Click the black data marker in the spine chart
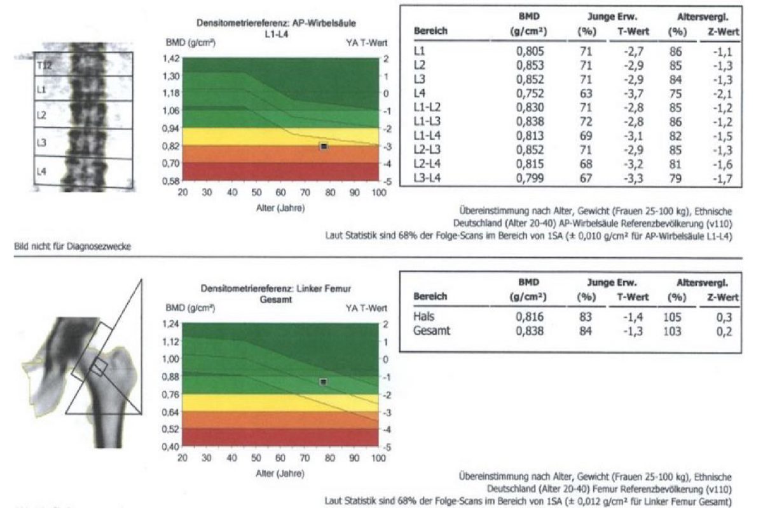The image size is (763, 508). click(x=324, y=146)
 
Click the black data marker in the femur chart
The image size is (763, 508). click(x=323, y=382)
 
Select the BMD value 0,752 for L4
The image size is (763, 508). click(x=530, y=93)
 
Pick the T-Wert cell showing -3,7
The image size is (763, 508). click(x=633, y=93)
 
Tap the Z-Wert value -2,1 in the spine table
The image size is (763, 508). click(x=723, y=94)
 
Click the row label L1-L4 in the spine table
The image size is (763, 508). click(x=427, y=136)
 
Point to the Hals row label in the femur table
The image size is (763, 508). click(x=423, y=316)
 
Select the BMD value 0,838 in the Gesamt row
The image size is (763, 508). click(x=530, y=331)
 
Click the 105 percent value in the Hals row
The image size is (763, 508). click(x=672, y=317)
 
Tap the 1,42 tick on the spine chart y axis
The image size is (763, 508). click(x=170, y=58)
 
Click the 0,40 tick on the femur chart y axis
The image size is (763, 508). click(x=170, y=446)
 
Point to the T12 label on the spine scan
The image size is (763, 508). click(x=45, y=65)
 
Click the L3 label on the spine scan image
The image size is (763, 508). click(x=41, y=143)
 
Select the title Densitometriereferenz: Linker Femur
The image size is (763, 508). click(x=275, y=288)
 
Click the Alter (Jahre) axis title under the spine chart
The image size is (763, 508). click(x=280, y=208)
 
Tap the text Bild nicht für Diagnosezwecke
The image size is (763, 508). click(x=72, y=246)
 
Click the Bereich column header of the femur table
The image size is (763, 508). click(x=430, y=297)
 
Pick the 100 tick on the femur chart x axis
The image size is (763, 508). click(x=378, y=458)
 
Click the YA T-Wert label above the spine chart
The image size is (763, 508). click(x=366, y=43)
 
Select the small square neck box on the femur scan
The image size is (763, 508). click(x=99, y=367)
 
